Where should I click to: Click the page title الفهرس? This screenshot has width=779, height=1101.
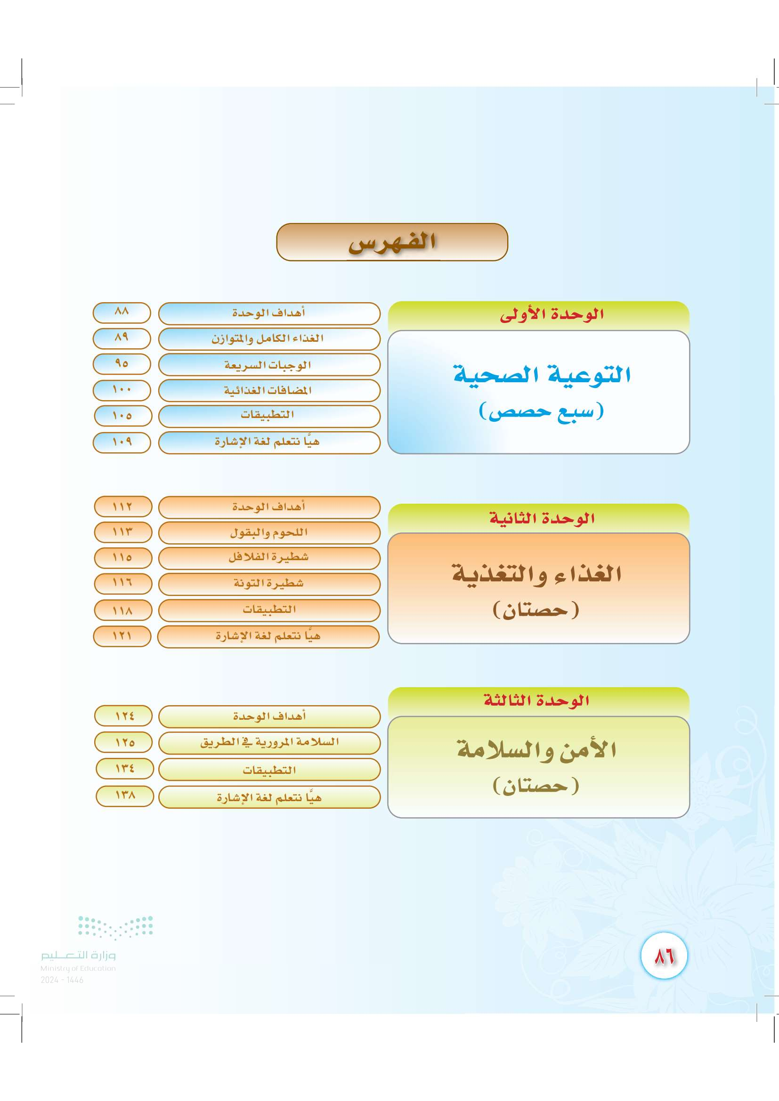coord(392,241)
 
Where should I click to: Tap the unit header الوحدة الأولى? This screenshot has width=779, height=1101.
coord(552,314)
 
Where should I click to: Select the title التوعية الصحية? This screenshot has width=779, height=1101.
coord(542,374)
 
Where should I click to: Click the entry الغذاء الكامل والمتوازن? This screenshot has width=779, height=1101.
coord(268,338)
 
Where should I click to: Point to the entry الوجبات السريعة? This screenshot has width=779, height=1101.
coord(268,365)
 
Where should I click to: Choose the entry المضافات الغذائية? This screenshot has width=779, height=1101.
coord(268,390)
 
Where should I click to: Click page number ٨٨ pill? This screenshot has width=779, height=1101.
coord(122,313)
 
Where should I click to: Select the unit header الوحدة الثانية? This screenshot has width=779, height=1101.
coord(542,518)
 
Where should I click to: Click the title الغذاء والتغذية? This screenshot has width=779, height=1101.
coord(537,574)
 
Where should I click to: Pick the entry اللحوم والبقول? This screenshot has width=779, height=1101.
coord(268,533)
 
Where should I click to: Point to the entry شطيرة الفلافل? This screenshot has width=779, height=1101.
coord(268,557)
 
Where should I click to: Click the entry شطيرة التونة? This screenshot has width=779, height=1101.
coord(268,583)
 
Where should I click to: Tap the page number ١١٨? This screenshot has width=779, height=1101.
coord(123,611)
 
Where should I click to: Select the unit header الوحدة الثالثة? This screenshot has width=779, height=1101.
coord(536,700)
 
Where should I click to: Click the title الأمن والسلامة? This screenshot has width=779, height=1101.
coord(537,749)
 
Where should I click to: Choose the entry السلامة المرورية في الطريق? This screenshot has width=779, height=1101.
coord(269,742)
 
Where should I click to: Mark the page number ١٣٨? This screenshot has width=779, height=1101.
coord(125,796)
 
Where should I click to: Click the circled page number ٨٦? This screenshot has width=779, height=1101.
coord(665,956)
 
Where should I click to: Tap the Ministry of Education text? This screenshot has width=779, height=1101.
coord(78,968)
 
